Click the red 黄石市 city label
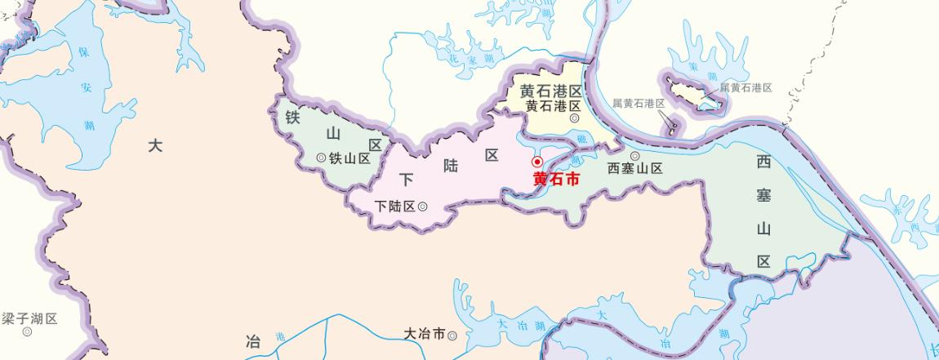click(556, 180)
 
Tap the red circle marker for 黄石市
click(537, 162)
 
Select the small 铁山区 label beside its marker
click(349, 158)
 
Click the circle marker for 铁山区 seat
click(320, 158)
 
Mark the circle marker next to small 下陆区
click(422, 207)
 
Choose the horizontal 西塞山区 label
click(634, 168)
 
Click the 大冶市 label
click(425, 334)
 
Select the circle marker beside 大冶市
click(452, 334)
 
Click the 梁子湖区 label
click(29, 318)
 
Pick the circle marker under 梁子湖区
click(28, 331)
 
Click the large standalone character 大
click(156, 146)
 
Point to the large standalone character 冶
click(253, 341)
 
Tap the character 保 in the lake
click(83, 53)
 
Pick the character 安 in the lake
click(87, 88)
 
